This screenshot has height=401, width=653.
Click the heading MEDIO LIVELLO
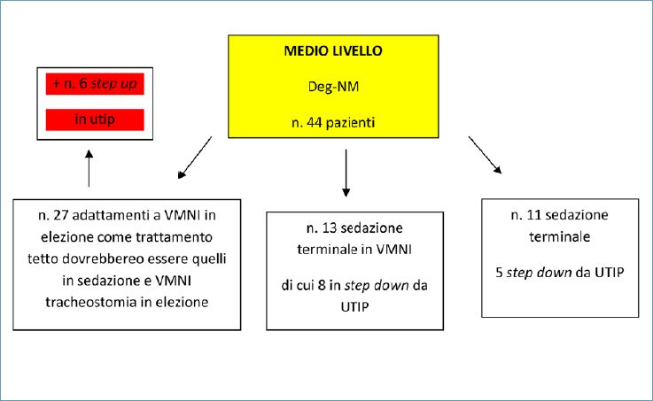333,50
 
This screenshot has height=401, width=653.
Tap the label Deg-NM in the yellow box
333,87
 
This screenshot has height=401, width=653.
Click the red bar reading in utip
95,120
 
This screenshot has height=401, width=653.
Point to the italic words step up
113,84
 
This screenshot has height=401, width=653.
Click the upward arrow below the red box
89,168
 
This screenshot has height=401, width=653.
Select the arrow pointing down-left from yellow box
195,158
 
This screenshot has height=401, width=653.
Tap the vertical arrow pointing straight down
346,173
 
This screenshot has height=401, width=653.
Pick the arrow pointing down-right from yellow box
486,155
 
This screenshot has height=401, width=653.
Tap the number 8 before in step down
322,286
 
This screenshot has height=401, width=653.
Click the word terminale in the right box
560,236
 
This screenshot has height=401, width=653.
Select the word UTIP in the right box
610,273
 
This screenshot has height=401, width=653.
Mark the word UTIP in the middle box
354,307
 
